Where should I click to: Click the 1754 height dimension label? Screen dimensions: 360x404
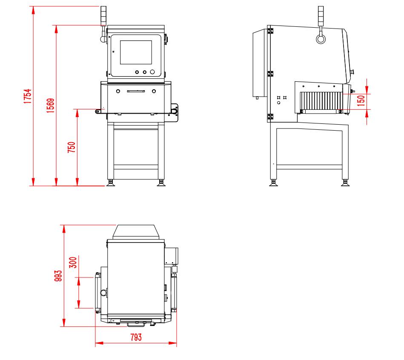point(27,97)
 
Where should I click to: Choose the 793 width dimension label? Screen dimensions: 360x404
point(135,337)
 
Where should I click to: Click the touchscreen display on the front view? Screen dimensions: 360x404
point(136,53)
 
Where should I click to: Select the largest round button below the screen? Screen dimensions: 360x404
point(152,72)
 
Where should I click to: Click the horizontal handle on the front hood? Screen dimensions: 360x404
point(136,91)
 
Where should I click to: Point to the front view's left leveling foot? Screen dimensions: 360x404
point(111,183)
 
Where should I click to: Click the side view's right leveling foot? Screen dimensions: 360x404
point(345,183)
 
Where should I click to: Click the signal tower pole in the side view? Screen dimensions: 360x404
point(320,17)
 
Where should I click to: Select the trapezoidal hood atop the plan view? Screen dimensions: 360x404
point(136,232)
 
